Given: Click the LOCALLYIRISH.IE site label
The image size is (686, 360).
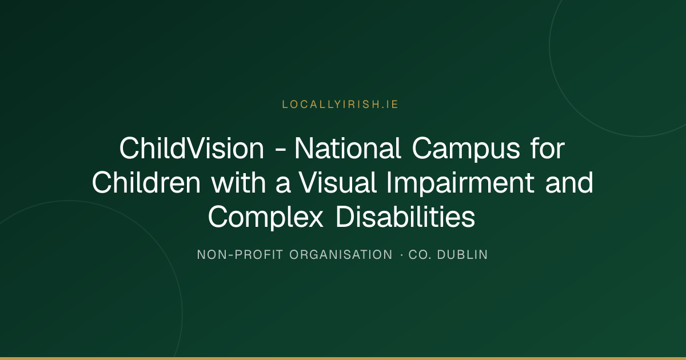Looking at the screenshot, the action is (x=340, y=105).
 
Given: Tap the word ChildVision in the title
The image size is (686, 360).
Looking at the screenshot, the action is (x=192, y=149).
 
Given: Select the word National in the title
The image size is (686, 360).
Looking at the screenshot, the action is (x=348, y=149).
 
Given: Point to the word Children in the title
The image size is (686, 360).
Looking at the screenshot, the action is (x=146, y=182).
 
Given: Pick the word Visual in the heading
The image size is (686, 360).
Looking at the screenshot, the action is (x=337, y=182).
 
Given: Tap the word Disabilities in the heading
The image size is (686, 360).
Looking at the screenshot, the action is (x=405, y=217).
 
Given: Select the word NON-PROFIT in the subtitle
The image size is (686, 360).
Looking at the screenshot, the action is (x=240, y=255).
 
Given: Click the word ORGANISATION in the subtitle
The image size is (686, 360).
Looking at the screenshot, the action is (x=341, y=255).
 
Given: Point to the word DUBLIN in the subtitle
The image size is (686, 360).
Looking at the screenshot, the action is (x=462, y=255).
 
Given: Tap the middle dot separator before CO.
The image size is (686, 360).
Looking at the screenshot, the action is (x=401, y=255).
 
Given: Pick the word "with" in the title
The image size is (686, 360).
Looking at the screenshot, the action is (x=238, y=182).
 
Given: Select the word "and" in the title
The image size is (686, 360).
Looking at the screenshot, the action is (x=569, y=182).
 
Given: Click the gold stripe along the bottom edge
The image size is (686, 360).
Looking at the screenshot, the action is (x=343, y=358).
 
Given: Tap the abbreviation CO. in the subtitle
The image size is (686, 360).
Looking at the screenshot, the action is (x=420, y=255).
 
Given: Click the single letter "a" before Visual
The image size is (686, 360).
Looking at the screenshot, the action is (x=282, y=185).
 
